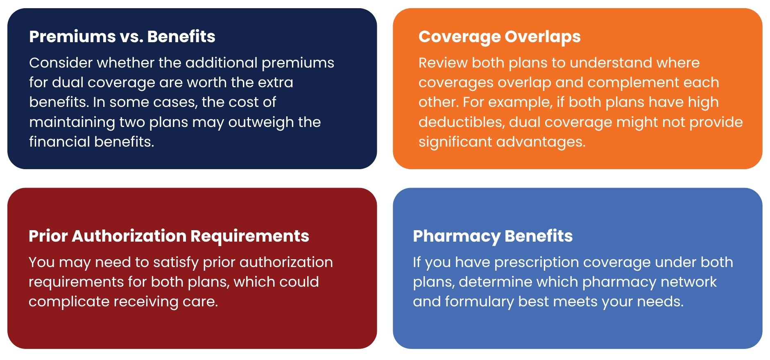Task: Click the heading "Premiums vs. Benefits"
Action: point(122,36)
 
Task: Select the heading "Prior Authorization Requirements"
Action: point(169,236)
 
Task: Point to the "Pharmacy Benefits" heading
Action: point(493,236)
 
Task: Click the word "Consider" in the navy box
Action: point(61,63)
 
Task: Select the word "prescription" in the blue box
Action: point(537,263)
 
